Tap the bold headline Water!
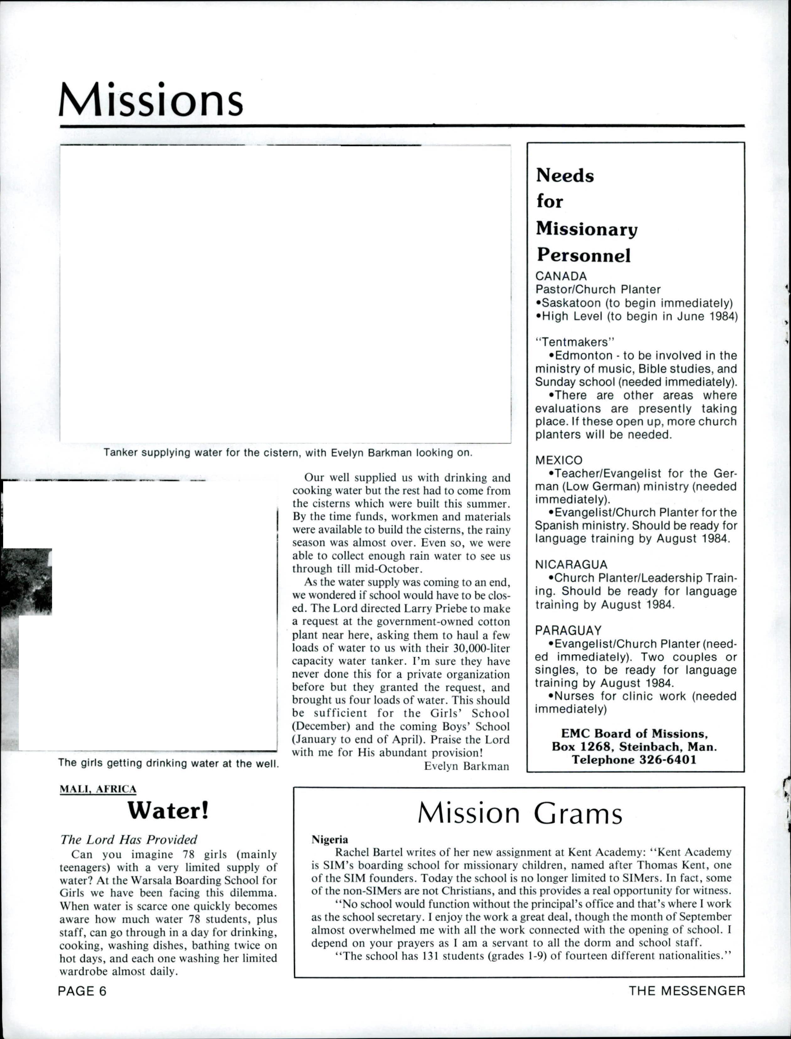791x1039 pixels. [168, 809]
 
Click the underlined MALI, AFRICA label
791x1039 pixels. [98, 789]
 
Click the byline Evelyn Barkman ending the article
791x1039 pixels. [467, 766]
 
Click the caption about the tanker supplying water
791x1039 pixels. [288, 453]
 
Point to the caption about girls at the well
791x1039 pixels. [168, 763]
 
